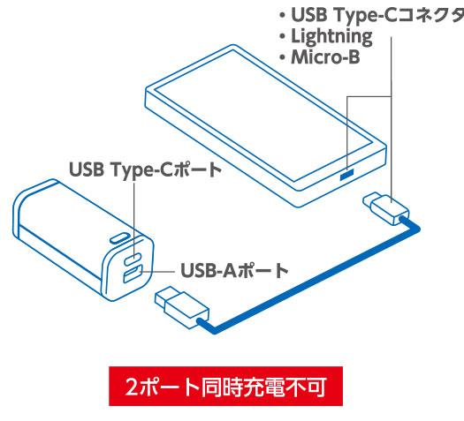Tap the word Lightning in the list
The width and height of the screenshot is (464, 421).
331,37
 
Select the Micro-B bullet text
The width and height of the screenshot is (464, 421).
325,57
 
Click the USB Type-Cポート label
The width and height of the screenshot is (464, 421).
145,169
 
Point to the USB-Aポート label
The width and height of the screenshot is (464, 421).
234,271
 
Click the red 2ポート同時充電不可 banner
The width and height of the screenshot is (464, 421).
225,387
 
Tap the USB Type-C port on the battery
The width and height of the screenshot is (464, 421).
133,259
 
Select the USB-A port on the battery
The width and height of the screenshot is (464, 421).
133,274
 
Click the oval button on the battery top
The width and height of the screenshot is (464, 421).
120,238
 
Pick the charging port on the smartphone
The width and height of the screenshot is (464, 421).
346,175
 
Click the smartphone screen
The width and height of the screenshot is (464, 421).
263,116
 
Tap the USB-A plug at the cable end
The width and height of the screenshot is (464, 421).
182,307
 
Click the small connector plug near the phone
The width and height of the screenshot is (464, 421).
386,208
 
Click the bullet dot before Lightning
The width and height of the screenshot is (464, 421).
282,37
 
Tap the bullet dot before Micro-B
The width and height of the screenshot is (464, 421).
282,57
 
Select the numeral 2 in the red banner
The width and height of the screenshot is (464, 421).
132,387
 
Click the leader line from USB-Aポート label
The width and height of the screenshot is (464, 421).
157,271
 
